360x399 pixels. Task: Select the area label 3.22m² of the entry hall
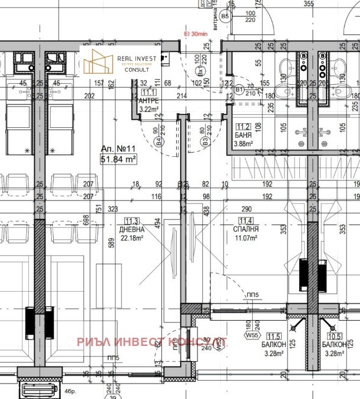coord(147,109)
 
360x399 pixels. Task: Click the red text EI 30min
coord(196,35)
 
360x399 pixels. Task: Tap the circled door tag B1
coord(239,89)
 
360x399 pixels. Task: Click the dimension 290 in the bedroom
coord(246,209)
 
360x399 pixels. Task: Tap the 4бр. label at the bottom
coord(71,391)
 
